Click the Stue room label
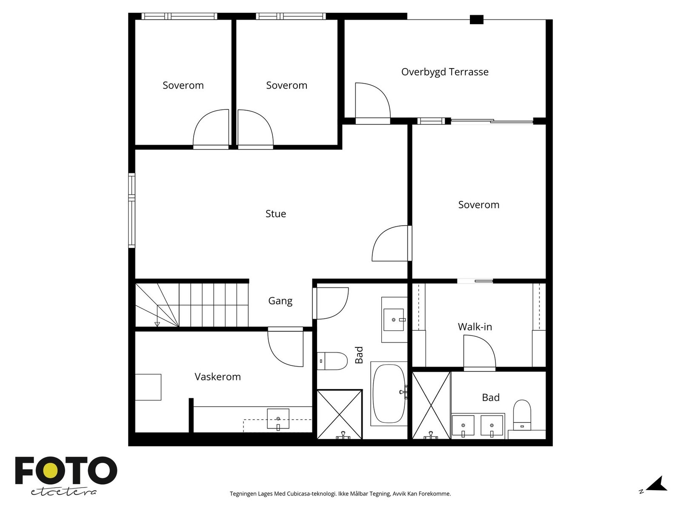275,213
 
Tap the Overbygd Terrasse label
445,72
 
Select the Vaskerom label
217,377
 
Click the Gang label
280,301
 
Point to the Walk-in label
475,327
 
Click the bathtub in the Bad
389,393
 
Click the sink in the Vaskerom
278,419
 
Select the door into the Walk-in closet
479,353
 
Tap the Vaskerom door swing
285,347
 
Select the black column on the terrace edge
477,20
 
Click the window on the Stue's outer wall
132,210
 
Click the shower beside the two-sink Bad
431,405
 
